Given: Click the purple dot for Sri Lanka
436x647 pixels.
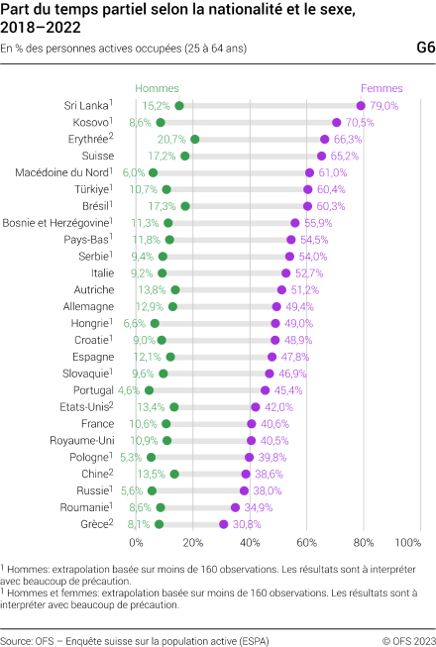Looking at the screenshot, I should (x=362, y=105).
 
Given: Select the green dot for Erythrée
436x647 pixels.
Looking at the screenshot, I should (x=194, y=140).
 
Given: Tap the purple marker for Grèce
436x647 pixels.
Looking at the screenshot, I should (x=224, y=524).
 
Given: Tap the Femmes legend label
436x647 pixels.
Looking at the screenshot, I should (x=381, y=88).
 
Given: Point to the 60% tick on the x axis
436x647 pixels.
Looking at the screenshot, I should (x=308, y=543).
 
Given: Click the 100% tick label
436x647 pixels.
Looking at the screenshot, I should (x=408, y=543).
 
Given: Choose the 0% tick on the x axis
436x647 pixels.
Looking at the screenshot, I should (x=138, y=543).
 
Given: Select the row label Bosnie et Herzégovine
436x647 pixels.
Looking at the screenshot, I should (x=62, y=223).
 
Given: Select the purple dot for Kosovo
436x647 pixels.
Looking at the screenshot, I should (x=337, y=123).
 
